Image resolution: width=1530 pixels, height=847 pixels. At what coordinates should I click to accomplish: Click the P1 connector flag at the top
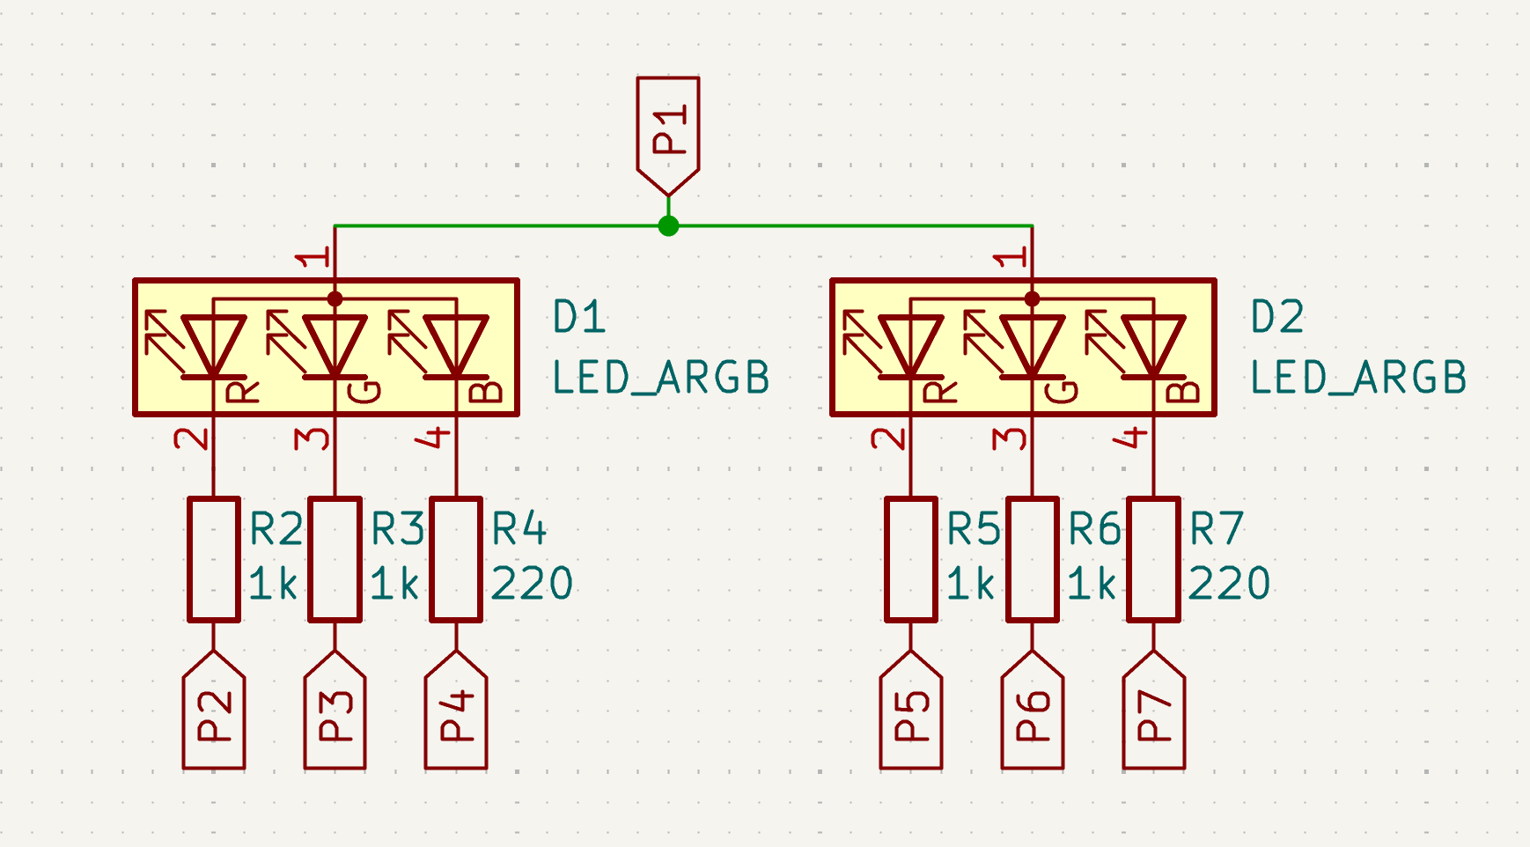coord(668,132)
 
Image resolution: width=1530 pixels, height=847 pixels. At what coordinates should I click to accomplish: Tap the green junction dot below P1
coord(668,226)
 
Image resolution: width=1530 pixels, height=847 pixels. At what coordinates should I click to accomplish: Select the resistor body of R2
coord(214,559)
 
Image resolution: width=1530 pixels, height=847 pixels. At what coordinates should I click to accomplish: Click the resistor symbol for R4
coord(456,559)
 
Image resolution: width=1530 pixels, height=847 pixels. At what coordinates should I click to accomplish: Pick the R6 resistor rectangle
coord(1033,559)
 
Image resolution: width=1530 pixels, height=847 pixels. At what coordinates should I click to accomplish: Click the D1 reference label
coord(579,317)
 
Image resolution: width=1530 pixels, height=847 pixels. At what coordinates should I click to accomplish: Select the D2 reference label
coord(1277,317)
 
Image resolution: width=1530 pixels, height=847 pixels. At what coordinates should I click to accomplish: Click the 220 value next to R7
coord(1230,584)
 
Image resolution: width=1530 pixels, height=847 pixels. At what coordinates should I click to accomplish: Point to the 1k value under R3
coord(394,584)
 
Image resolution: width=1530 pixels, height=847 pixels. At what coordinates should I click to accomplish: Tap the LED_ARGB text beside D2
coord(1358,378)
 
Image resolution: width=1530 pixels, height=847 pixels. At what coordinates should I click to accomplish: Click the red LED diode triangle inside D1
coord(214,345)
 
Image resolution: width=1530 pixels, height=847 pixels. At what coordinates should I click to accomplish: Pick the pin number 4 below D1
coord(436,437)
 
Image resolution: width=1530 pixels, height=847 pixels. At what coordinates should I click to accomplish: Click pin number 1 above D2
coord(1011,257)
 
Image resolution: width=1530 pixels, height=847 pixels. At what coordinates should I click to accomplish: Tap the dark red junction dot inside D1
coord(335,299)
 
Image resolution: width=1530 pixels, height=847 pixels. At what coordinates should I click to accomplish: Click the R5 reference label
coord(974,529)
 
